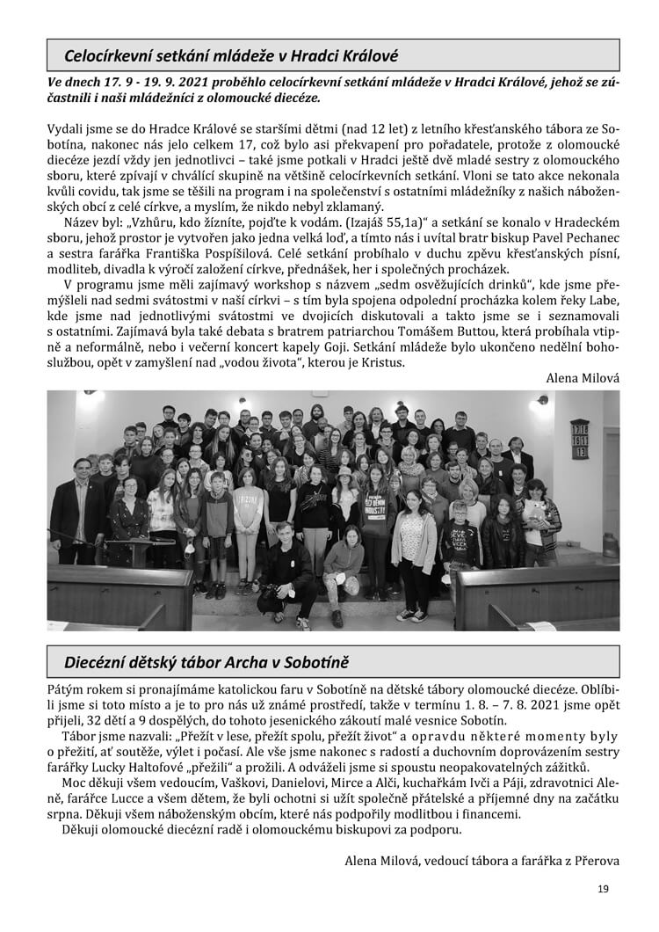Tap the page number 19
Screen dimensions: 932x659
point(602,889)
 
